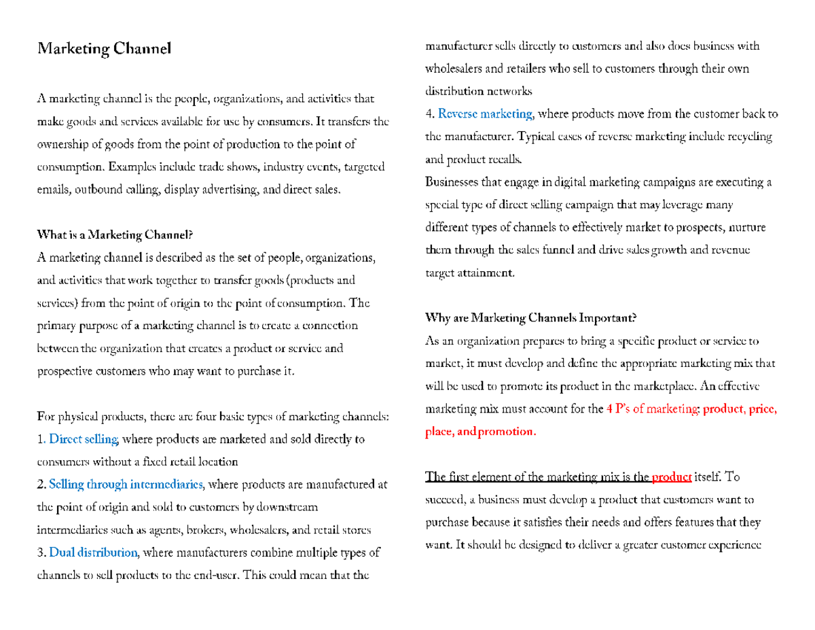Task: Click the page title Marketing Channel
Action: pos(105,49)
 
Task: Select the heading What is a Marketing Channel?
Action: pos(115,235)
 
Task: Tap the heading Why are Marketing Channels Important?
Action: pos(530,317)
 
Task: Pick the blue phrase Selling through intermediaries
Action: pos(126,485)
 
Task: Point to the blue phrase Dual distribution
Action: pos(94,552)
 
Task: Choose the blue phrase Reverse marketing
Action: pos(486,113)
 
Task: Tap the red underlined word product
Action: pos(671,477)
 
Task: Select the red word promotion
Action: pos(507,432)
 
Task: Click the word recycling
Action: pos(749,137)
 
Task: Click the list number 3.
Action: pos(41,552)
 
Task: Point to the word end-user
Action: pos(214,575)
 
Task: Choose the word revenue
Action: pos(727,249)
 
